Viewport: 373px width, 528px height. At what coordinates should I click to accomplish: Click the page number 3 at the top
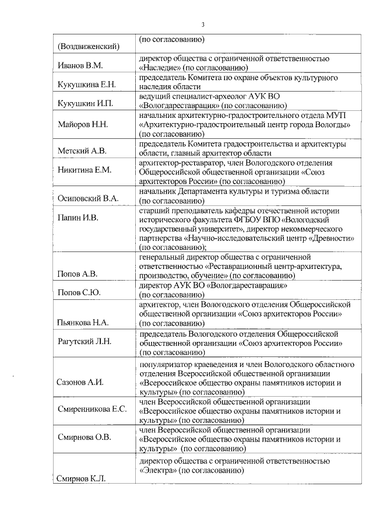202,25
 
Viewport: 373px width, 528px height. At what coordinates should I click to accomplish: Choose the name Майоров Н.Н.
83,125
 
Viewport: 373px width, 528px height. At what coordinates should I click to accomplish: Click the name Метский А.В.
82,151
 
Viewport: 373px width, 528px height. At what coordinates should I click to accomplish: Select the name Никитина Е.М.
85,170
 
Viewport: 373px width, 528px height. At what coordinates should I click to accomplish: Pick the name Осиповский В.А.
87,198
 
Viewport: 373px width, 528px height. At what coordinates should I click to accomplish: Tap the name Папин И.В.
78,218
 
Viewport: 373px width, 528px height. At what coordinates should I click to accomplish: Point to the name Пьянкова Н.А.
86,322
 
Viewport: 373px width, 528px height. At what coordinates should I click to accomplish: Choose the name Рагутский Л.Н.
85,341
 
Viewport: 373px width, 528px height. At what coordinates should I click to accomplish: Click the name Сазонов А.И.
82,383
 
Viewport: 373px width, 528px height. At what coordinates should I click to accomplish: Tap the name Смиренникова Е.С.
92,409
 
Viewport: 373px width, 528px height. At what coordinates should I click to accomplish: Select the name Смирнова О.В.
85,437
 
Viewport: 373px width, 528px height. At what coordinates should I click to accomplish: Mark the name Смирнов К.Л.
81,478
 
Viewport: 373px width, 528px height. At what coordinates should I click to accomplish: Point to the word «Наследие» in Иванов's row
160,68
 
